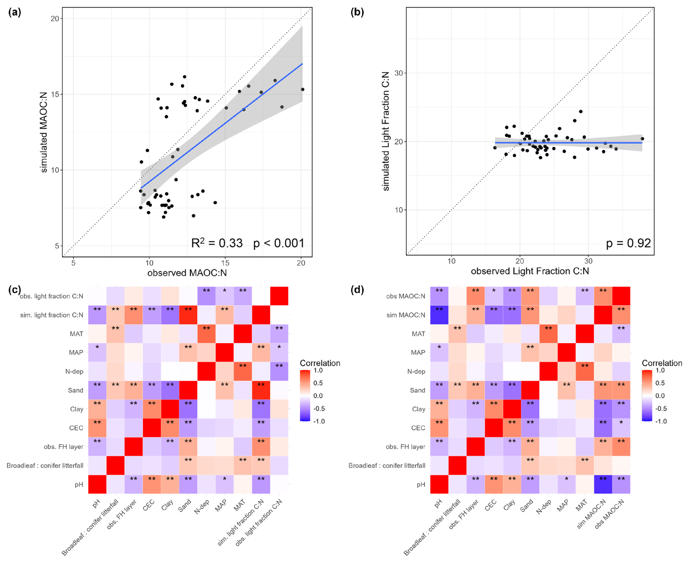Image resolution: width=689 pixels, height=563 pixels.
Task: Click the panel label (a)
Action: coord(15,12)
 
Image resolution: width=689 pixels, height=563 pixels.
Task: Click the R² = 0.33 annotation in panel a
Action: coord(217,243)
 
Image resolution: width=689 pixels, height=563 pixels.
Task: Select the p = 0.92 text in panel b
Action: coord(628,243)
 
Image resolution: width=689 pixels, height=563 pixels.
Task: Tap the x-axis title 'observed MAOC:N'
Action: coord(187,273)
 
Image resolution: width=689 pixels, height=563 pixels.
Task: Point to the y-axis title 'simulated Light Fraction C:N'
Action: coord(386,131)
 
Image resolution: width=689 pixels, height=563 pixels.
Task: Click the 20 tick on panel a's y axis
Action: coord(55,19)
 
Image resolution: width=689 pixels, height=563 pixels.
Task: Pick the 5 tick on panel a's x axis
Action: coord(74,263)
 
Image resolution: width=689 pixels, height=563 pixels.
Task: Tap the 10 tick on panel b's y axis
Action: coord(399,210)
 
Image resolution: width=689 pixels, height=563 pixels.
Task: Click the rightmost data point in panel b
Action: coord(642,139)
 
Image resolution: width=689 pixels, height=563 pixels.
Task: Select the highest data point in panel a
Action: coord(185,77)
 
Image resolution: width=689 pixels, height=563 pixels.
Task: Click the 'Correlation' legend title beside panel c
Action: coord(320,363)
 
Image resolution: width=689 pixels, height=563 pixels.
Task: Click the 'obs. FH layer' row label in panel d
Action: coord(405,447)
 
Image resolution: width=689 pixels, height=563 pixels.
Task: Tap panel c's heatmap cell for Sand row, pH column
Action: coord(97,390)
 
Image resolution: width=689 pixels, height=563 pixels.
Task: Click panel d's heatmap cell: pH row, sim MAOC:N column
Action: coord(603,484)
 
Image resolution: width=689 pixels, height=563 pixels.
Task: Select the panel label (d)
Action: coord(357,290)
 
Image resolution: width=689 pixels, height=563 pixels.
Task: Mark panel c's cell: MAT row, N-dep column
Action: coord(206,334)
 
